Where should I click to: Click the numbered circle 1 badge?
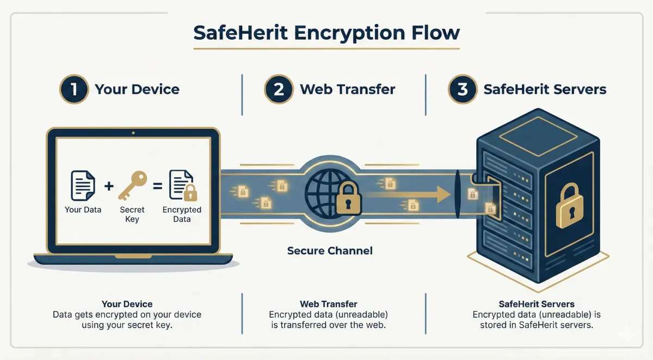(73, 89)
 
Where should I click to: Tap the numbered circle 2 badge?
(279, 89)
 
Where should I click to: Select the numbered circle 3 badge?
(463, 89)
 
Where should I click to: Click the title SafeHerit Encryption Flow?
(326, 33)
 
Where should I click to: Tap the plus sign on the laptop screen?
(109, 186)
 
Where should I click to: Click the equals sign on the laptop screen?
(157, 186)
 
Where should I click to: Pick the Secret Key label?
(132, 214)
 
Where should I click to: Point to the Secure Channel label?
(330, 251)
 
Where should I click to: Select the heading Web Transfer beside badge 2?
(348, 89)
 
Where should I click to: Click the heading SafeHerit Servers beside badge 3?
(545, 89)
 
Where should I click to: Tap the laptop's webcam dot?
(133, 132)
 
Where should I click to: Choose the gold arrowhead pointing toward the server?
(442, 193)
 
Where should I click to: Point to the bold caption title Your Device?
(127, 304)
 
